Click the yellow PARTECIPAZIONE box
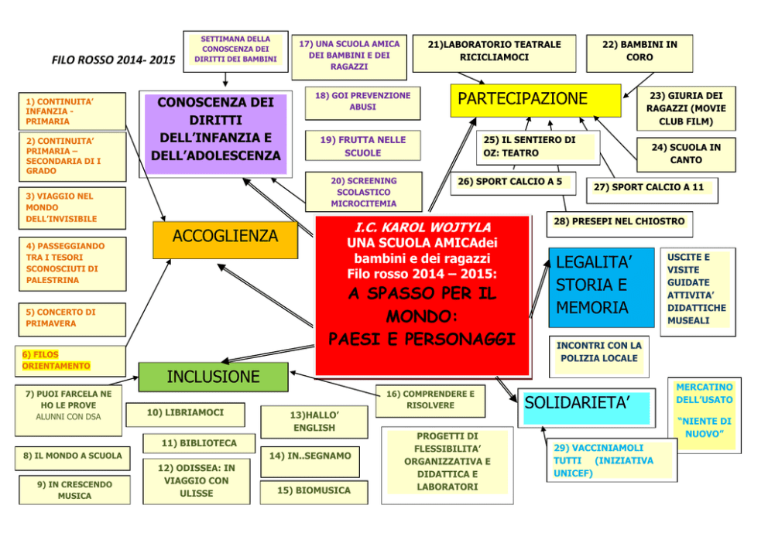tap(535, 100)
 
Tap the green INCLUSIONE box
tap(213, 377)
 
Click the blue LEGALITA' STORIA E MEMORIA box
tap(601, 287)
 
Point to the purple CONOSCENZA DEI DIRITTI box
tap(216, 130)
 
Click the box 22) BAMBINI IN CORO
tap(639, 51)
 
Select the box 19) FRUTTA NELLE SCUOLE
tap(362, 146)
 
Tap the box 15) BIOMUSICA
tap(314, 491)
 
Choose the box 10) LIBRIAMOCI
tap(185, 413)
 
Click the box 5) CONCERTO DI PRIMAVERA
tap(71, 318)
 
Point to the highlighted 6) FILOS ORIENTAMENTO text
tap(56, 360)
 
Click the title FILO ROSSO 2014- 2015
tap(113, 60)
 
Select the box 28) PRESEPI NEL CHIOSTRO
tap(619, 222)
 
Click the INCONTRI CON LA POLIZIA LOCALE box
tap(599, 353)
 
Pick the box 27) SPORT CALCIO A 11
tap(649, 188)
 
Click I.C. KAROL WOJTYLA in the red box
tap(422, 228)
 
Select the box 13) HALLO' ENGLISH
tap(314, 422)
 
